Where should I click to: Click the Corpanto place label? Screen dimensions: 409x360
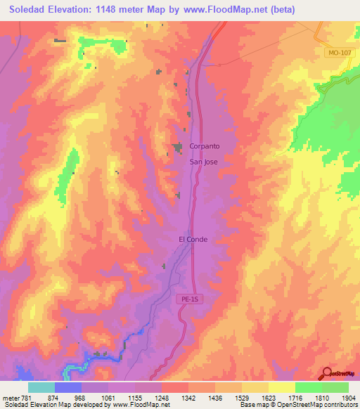coord(205,147)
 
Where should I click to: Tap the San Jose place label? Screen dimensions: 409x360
coord(204,162)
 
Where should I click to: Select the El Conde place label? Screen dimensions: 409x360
coord(193,239)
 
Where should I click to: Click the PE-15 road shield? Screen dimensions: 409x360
coord(185,299)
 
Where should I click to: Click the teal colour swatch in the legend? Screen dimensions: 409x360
coord(41,387)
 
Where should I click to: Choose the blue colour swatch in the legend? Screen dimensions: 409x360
coord(68,387)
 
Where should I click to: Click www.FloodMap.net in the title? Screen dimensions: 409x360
coord(231,9)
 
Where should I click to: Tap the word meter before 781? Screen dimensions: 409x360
coord(10,398)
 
